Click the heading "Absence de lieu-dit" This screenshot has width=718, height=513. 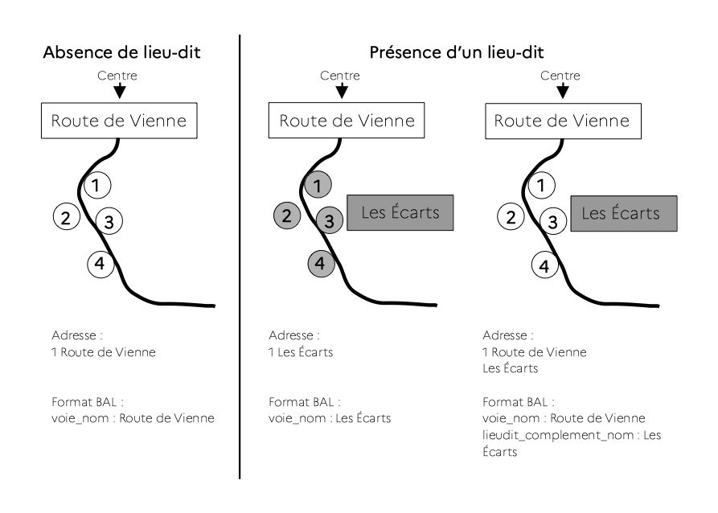121,52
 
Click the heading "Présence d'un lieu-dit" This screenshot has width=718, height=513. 457,52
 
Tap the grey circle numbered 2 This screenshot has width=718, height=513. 287,215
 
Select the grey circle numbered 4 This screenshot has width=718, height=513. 321,264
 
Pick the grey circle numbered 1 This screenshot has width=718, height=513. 318,185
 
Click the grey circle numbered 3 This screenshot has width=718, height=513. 329,220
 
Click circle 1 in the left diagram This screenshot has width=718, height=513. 97,185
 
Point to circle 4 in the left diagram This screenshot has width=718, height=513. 101,265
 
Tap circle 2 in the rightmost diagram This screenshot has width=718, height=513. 511,216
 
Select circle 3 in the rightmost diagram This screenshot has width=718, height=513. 552,221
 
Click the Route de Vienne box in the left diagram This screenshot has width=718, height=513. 119,121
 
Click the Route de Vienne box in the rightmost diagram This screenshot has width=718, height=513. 564,121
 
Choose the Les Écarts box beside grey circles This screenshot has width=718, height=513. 400,212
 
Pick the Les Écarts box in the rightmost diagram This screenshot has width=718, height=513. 624,213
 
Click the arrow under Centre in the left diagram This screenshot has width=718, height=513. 120,90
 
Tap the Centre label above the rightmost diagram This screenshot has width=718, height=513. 560,76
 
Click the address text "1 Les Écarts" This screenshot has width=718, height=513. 301,352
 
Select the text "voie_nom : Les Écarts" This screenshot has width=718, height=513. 330,418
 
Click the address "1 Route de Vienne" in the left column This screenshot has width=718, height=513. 104,352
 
